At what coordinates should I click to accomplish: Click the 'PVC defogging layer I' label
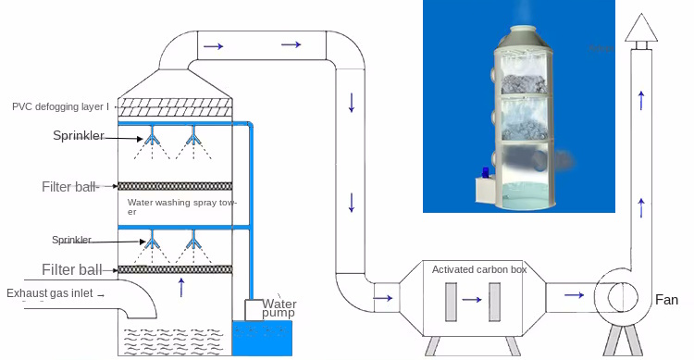click(60, 106)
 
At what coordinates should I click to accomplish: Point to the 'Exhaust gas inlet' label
click(51, 293)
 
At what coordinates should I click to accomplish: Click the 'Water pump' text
click(280, 308)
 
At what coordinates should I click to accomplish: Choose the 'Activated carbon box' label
click(479, 269)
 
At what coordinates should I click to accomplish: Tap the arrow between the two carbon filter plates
click(472, 299)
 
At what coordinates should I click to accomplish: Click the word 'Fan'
click(666, 300)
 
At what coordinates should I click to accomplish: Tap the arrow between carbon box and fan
click(574, 295)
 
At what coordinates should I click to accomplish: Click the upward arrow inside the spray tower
click(181, 286)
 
